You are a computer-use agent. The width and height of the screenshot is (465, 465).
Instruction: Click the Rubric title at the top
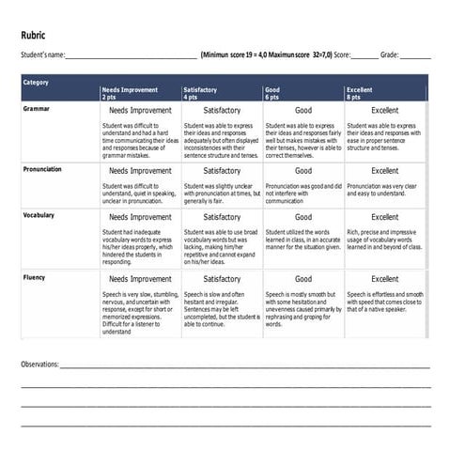[x=34, y=35]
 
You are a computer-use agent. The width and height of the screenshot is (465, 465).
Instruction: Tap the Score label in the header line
[x=342, y=55]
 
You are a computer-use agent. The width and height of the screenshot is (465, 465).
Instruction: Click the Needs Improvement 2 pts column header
[x=126, y=93]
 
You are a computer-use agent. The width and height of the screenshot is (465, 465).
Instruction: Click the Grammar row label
[x=37, y=109]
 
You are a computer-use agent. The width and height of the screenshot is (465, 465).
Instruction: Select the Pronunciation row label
[x=42, y=169]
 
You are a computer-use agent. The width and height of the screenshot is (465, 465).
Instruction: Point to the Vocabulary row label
[x=39, y=215]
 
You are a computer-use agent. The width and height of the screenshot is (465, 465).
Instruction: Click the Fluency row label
[x=34, y=277]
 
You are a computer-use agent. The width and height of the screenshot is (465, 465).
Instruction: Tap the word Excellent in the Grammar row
[x=384, y=111]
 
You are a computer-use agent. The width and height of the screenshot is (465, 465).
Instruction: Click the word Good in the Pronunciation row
[x=303, y=171]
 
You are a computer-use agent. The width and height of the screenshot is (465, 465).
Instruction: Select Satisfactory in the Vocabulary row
[x=222, y=217]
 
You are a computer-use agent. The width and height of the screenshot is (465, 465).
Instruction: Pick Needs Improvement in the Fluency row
[x=140, y=279]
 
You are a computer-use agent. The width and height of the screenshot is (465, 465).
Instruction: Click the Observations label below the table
[x=39, y=364]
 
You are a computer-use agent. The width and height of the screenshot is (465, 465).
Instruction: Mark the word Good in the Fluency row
[x=303, y=279]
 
